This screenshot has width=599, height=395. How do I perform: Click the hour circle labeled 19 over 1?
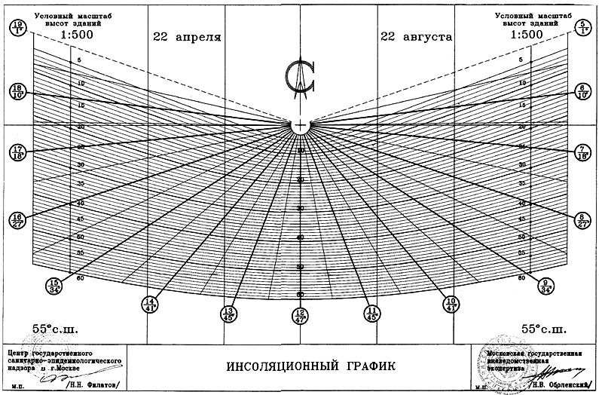(x=17, y=28)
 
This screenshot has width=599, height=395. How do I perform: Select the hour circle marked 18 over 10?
(x=17, y=91)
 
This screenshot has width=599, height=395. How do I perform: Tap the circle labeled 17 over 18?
(x=17, y=152)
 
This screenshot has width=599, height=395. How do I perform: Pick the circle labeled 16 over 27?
(x=17, y=219)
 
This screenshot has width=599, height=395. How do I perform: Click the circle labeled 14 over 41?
(x=149, y=303)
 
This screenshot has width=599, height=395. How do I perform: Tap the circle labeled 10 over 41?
(x=451, y=303)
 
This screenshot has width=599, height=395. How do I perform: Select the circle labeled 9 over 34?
(x=546, y=285)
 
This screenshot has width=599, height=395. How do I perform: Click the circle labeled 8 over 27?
(x=582, y=219)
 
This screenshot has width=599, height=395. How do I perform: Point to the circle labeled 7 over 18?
(x=582, y=152)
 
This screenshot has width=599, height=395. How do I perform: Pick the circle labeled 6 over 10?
(x=582, y=91)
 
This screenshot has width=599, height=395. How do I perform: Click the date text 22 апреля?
(x=187, y=36)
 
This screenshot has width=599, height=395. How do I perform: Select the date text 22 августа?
(x=416, y=36)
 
